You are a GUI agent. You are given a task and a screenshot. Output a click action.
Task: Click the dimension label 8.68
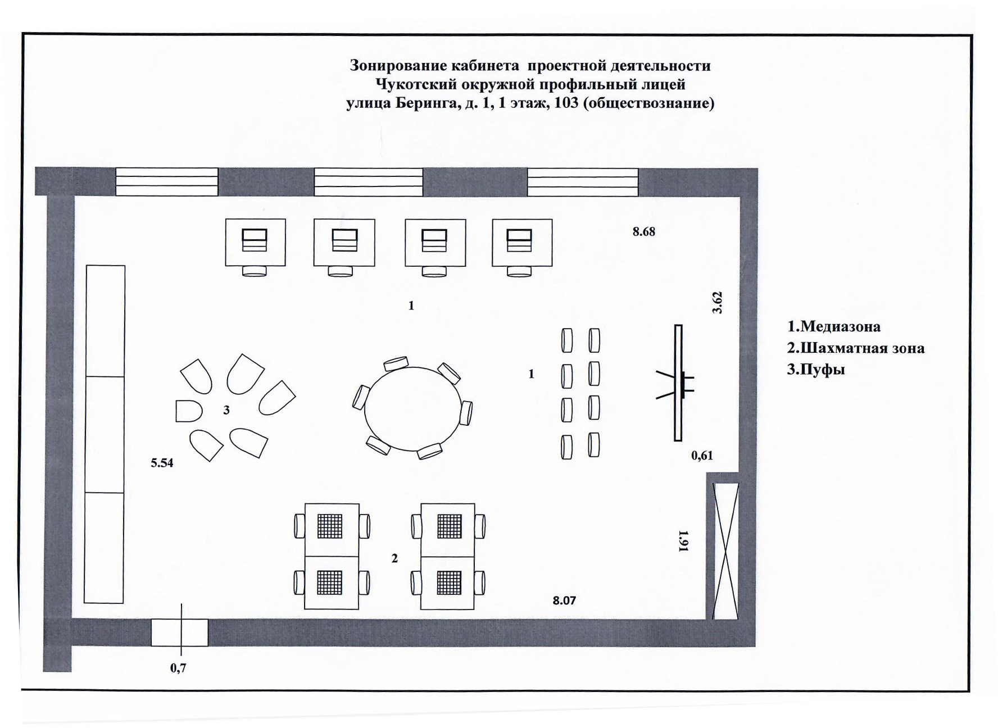click(x=643, y=231)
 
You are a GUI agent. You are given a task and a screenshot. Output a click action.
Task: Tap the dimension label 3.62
click(x=717, y=302)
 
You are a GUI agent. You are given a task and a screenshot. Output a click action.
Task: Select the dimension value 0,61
click(x=702, y=456)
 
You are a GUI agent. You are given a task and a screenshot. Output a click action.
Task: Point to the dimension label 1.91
click(x=684, y=541)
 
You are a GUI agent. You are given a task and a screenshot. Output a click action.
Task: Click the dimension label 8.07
click(x=564, y=600)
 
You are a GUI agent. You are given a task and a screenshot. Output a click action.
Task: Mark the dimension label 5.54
click(x=162, y=463)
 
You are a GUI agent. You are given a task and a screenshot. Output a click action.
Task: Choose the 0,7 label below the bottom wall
click(x=178, y=668)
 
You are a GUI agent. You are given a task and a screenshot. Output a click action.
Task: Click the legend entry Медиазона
click(x=834, y=326)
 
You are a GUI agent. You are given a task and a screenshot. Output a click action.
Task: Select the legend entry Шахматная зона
click(x=855, y=348)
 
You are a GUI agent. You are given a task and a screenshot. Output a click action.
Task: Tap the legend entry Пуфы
click(x=816, y=370)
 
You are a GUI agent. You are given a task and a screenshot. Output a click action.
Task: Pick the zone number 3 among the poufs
click(x=226, y=411)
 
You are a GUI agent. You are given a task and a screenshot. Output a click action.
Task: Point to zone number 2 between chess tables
click(x=394, y=558)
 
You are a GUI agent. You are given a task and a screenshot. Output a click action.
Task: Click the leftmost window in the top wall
click(x=167, y=181)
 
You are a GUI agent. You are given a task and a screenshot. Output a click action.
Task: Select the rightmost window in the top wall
click(x=582, y=181)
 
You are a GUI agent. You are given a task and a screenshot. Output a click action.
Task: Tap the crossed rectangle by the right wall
click(x=725, y=550)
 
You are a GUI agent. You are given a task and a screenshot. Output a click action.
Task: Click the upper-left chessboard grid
click(x=330, y=526)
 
